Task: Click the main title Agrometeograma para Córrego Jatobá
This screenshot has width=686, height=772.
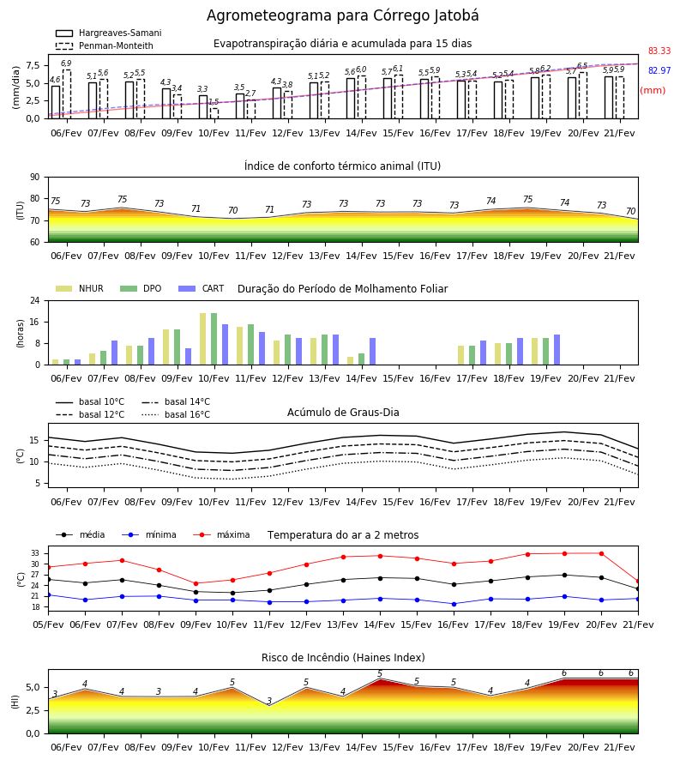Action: (x=342, y=15)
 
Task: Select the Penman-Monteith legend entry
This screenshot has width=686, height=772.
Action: (x=105, y=45)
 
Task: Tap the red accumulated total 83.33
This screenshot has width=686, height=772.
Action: (x=659, y=51)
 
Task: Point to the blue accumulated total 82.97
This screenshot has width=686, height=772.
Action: (x=659, y=70)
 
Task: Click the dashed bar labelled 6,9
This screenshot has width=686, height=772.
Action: (x=66, y=94)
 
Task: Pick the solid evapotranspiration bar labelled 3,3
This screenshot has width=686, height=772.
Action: (x=203, y=107)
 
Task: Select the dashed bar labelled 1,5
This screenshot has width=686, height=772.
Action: (x=214, y=113)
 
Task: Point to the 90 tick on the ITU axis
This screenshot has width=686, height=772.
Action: (x=34, y=178)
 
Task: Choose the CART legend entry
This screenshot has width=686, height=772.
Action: (x=202, y=288)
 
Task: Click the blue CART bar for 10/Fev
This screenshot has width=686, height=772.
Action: (x=226, y=345)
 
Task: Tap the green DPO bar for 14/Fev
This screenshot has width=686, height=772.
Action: (x=362, y=359)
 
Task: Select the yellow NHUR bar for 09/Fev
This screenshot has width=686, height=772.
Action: (x=166, y=347)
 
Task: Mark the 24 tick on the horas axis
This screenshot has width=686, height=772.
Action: (x=35, y=300)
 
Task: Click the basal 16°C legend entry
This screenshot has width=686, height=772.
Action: (x=176, y=414)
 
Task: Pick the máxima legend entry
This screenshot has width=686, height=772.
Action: (x=221, y=534)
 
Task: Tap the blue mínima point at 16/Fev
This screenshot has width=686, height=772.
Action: (x=454, y=604)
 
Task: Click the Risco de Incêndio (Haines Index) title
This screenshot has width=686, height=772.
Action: (x=343, y=658)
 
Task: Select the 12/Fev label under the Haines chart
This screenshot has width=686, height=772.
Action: (x=287, y=747)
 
